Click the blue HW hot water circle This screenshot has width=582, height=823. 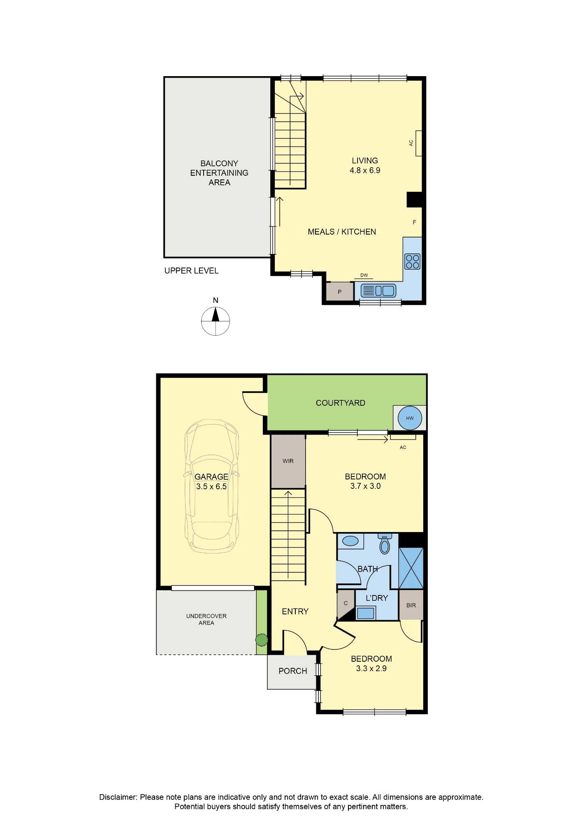click(x=410, y=418)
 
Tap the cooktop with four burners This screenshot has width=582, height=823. click(x=413, y=261)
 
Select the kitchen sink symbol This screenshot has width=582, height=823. click(x=378, y=291)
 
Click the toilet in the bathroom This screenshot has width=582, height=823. click(x=385, y=544)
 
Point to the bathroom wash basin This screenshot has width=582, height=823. click(x=350, y=541)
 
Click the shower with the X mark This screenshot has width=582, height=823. click(x=411, y=568)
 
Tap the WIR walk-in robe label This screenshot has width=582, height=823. click(x=288, y=461)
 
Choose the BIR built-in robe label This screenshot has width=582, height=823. click(x=411, y=605)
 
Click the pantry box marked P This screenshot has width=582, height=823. click(x=340, y=292)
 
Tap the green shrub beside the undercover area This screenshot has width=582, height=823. click(x=262, y=640)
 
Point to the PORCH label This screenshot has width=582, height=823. click(x=293, y=671)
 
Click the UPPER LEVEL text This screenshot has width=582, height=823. click(x=191, y=271)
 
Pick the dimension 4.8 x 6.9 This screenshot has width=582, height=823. click(x=365, y=170)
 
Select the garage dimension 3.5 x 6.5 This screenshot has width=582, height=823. click(x=211, y=486)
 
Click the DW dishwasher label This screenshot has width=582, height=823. click(x=364, y=275)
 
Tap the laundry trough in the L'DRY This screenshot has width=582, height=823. click(x=366, y=613)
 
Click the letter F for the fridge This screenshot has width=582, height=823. click(x=415, y=222)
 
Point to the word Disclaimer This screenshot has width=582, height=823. click(x=118, y=797)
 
